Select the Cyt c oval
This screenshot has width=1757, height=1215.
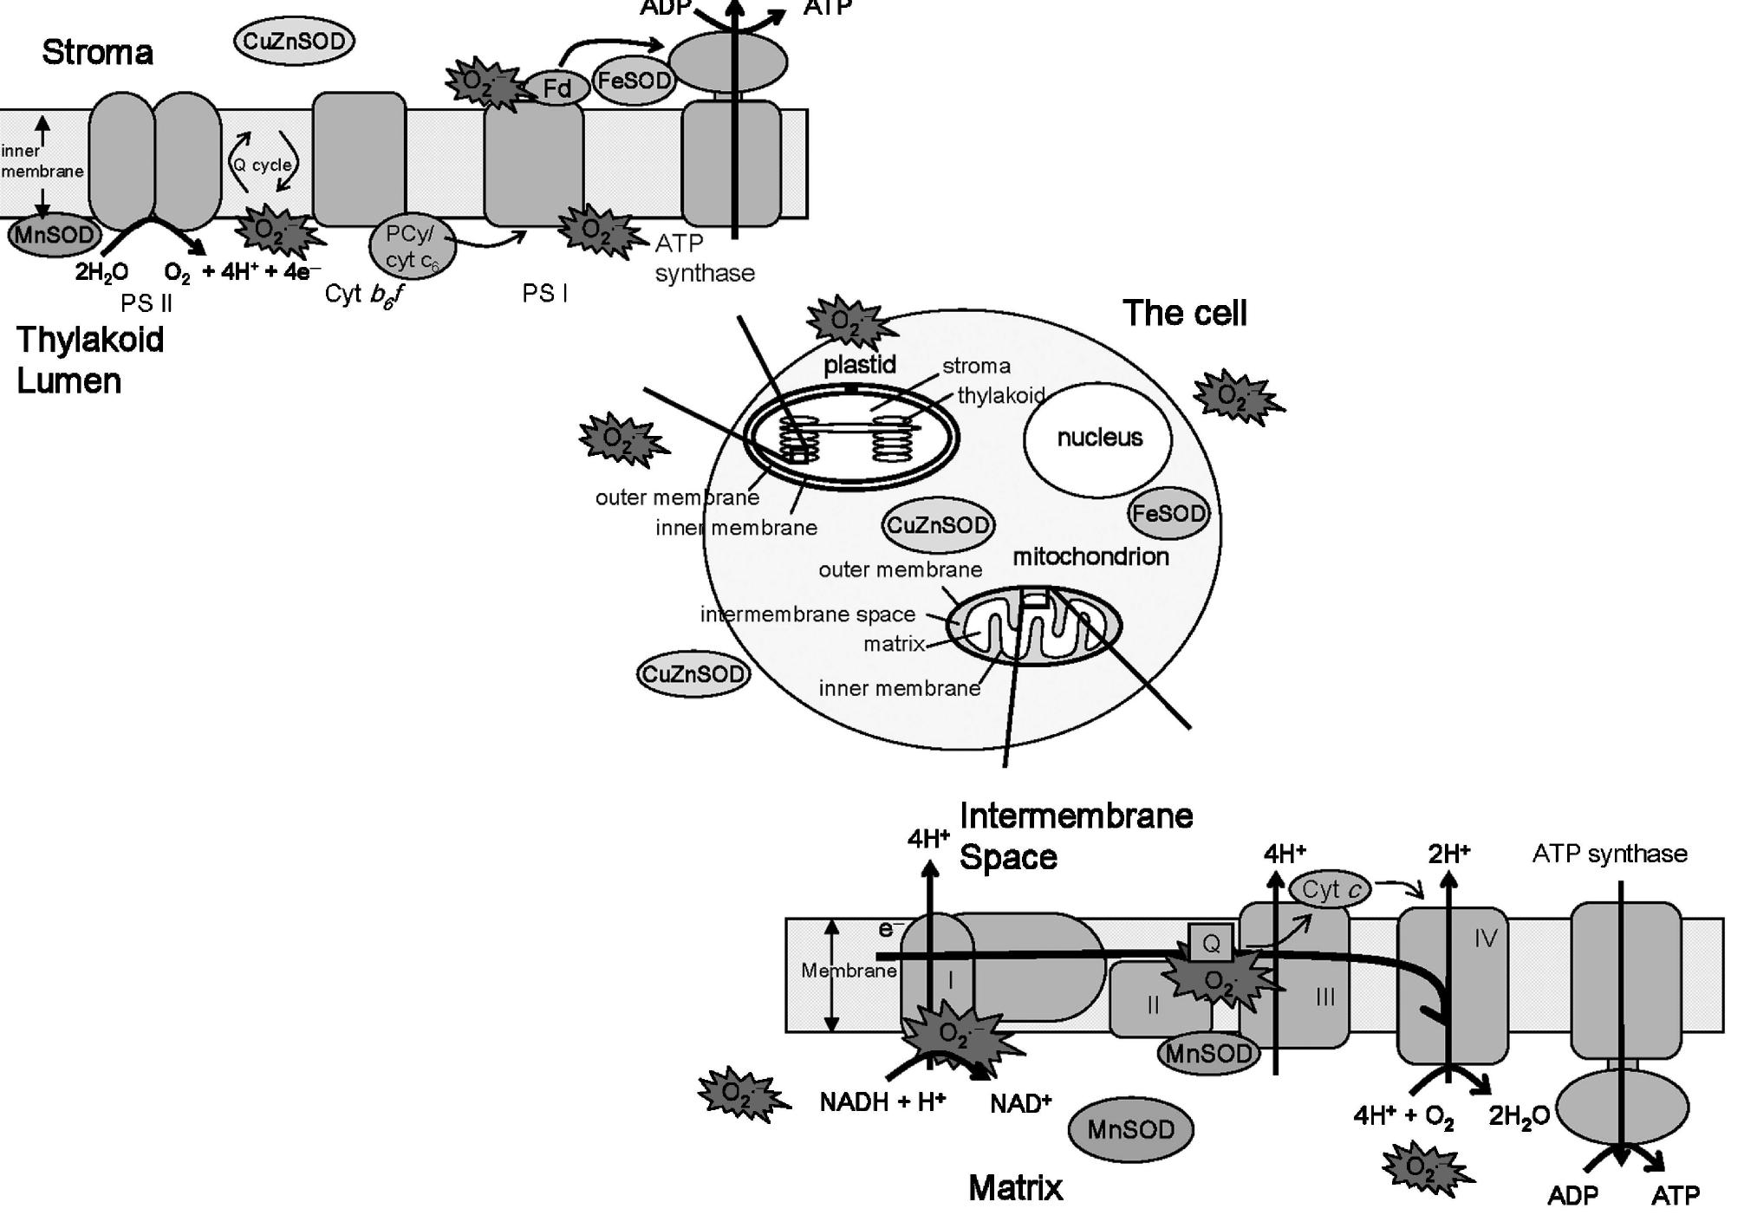[x=1331, y=889]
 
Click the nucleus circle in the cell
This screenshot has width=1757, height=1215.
[x=1098, y=439]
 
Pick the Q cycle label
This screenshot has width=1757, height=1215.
[x=263, y=165]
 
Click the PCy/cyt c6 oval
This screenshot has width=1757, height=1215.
[x=412, y=248]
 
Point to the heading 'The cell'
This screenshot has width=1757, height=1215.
[x=1184, y=313]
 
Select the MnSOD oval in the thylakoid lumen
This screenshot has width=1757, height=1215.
[x=54, y=235]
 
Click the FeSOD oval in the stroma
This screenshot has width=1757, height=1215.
[x=634, y=81]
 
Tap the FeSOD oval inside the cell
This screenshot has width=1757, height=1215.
[x=1168, y=514]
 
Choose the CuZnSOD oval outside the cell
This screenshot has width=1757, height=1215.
[x=693, y=674]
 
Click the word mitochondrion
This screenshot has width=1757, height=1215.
[x=1090, y=556]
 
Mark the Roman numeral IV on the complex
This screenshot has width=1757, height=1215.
[x=1485, y=939]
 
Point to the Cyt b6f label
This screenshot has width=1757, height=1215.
[x=364, y=295]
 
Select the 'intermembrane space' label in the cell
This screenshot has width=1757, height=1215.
[x=807, y=614]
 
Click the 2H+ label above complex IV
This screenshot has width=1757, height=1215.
[x=1448, y=854]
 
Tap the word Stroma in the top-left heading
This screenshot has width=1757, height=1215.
[x=97, y=53]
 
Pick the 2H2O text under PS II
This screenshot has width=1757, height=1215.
[x=101, y=272]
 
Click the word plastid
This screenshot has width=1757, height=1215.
[x=859, y=365]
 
